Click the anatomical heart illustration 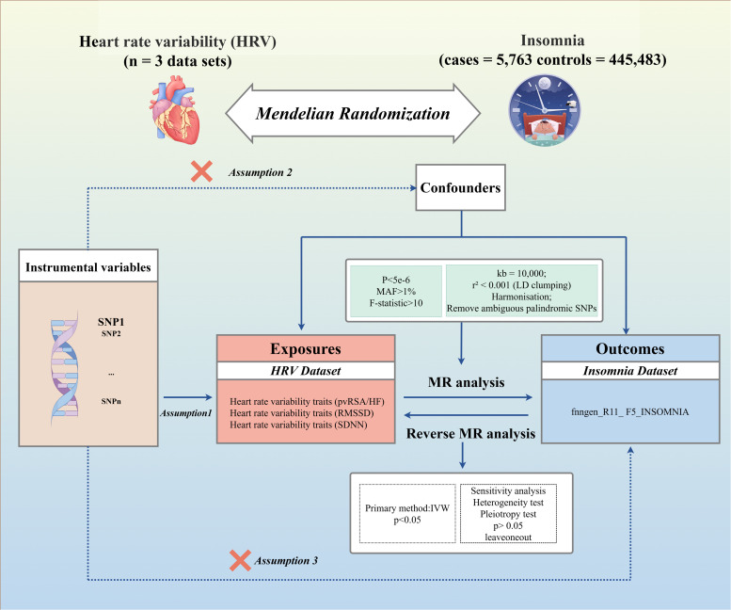click(x=175, y=109)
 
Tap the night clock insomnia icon click(x=544, y=110)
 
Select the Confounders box click(x=461, y=187)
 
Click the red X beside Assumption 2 click(x=202, y=171)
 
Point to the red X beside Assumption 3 click(x=241, y=560)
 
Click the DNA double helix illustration click(x=64, y=367)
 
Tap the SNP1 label click(x=111, y=322)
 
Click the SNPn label click(x=111, y=401)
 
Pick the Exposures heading click(x=306, y=349)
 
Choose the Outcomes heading click(x=630, y=349)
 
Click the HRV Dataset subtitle click(x=306, y=371)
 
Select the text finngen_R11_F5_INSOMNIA click(x=629, y=411)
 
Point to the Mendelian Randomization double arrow click(x=353, y=113)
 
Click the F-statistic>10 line click(x=396, y=303)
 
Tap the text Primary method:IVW click(x=407, y=508)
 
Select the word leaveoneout click(x=508, y=538)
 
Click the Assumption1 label click(x=186, y=413)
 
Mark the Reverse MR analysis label click(x=470, y=434)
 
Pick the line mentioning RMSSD click(x=302, y=413)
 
